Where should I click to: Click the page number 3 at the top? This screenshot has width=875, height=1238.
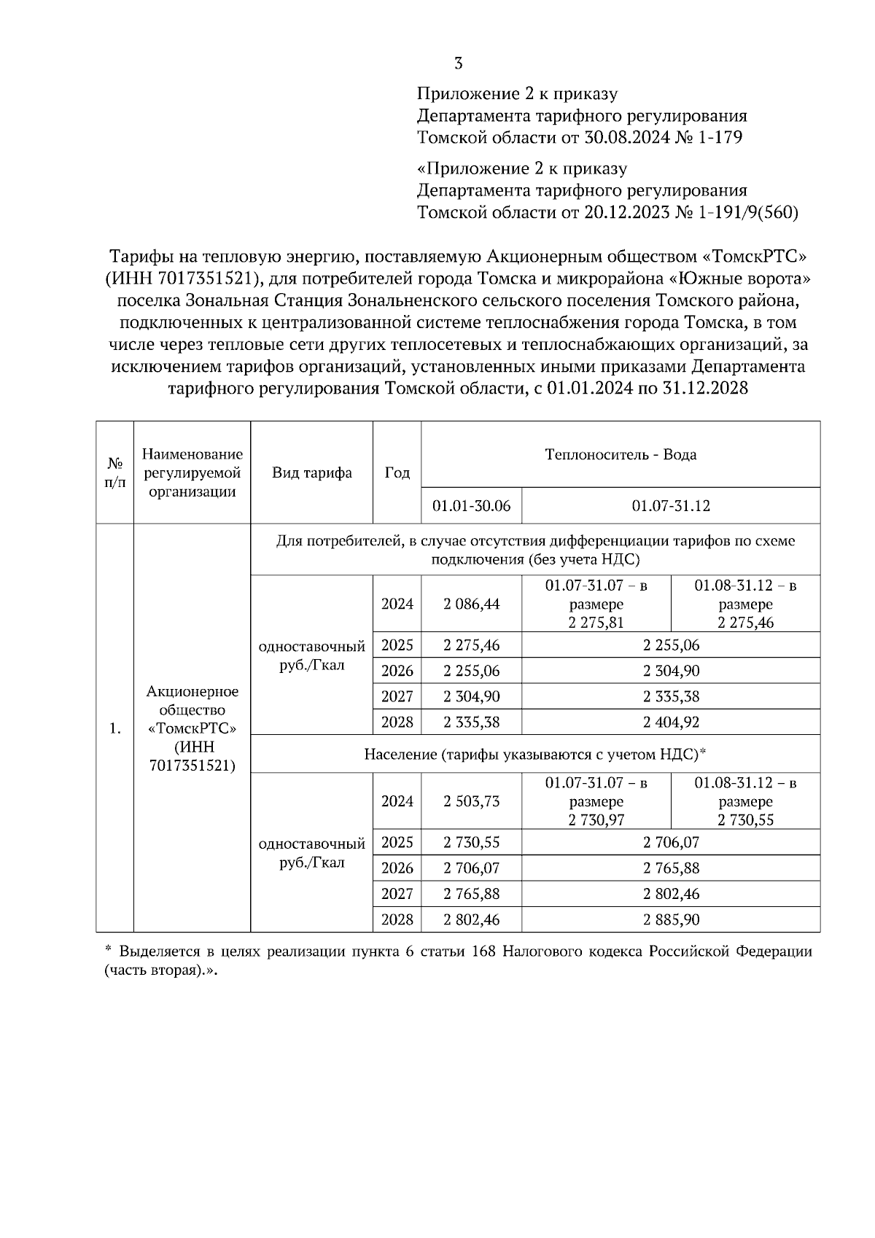[x=459, y=63]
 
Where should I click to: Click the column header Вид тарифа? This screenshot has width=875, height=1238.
[x=311, y=472]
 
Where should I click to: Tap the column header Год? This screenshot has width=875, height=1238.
[x=397, y=472]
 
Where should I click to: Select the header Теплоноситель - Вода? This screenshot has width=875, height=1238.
[x=621, y=455]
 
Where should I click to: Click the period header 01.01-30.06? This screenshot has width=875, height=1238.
[x=471, y=506]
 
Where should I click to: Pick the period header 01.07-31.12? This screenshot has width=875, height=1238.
[x=671, y=506]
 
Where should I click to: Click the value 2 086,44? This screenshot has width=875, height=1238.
[x=471, y=604]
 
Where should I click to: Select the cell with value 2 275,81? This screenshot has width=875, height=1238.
[x=596, y=622]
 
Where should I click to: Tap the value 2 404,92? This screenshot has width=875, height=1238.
[x=671, y=722]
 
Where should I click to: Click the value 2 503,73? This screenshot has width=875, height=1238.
[x=471, y=801]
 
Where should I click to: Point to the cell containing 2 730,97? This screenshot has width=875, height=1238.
[x=596, y=820]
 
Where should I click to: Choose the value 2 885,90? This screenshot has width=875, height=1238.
[x=671, y=919]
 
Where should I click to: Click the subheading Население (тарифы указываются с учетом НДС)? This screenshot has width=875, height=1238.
[x=534, y=754]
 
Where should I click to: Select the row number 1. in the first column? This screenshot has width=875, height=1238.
[x=114, y=728]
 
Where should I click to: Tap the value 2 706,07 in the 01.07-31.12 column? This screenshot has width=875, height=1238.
[x=671, y=842]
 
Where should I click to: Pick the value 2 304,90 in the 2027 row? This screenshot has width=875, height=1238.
[x=471, y=696]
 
